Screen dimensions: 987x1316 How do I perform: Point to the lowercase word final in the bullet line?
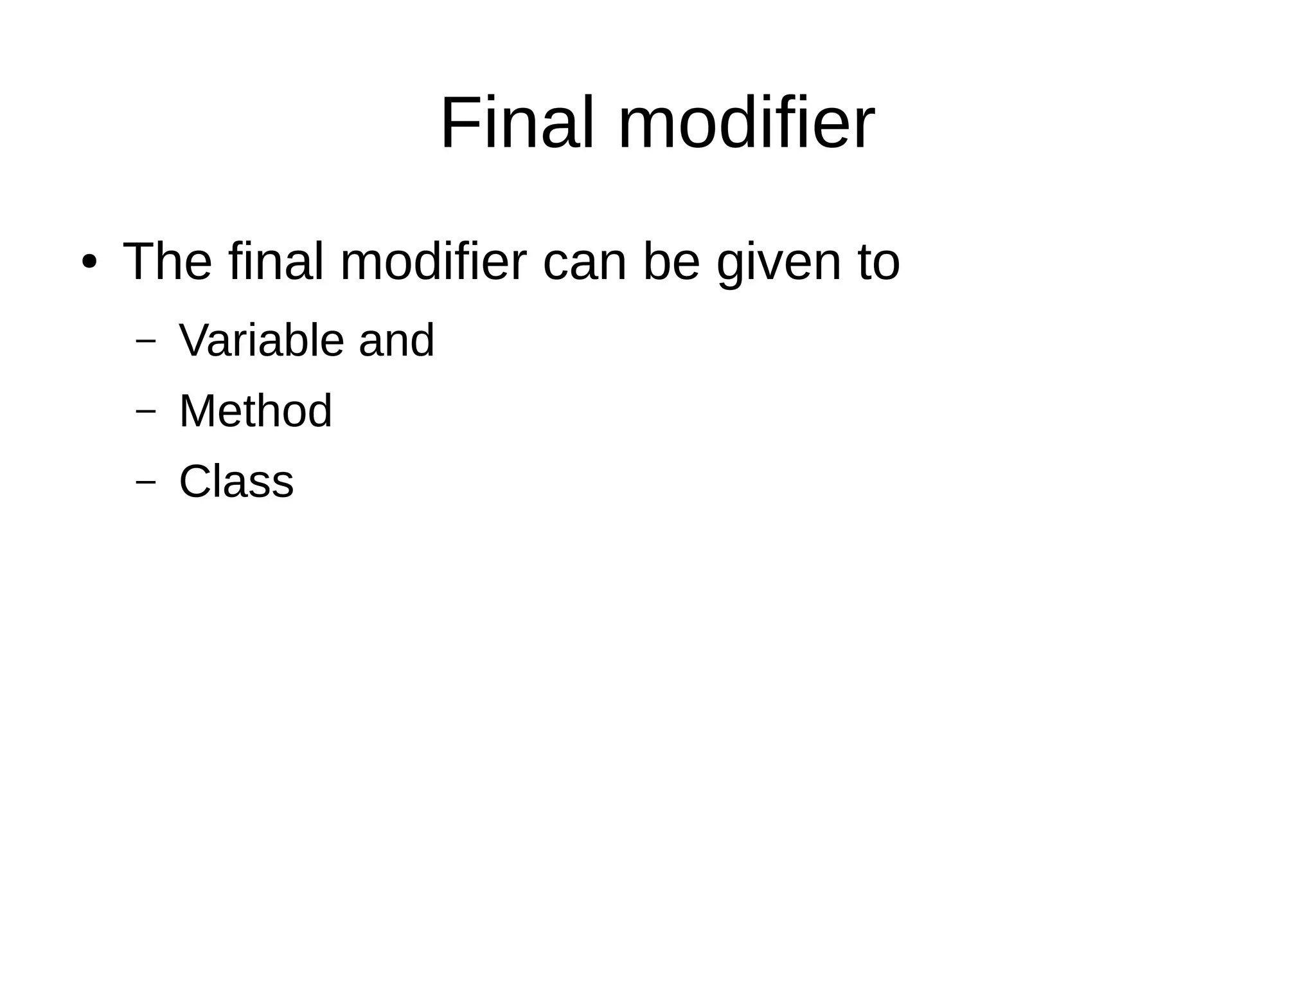(x=276, y=262)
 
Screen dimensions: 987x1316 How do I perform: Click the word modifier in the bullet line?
(x=433, y=262)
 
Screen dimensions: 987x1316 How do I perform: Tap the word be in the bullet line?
(x=671, y=262)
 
